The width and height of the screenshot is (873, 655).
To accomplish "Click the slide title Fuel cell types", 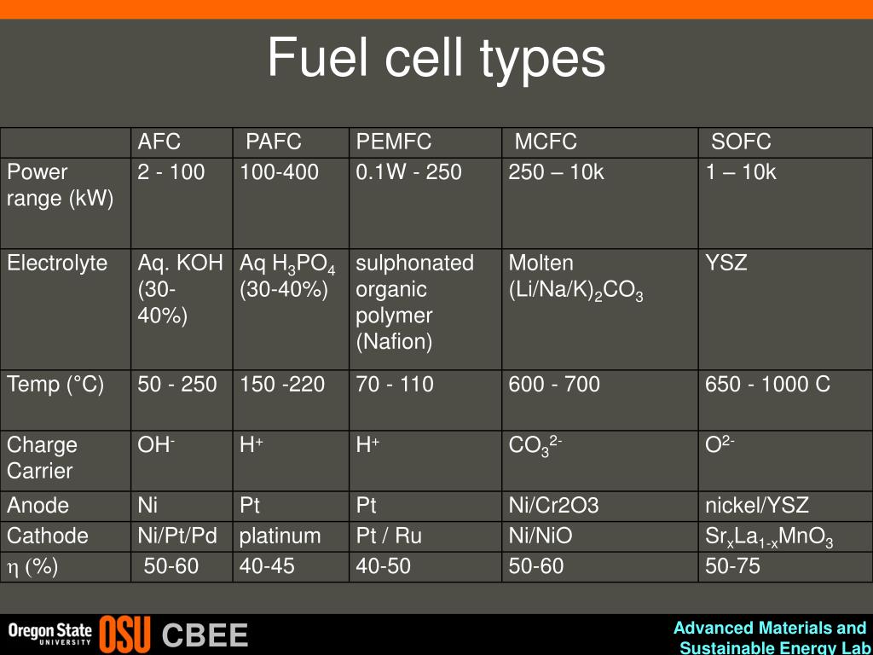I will [x=436, y=58].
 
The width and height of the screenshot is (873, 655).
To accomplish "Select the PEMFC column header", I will [x=394, y=142].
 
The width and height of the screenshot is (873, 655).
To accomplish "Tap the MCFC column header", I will [x=546, y=142].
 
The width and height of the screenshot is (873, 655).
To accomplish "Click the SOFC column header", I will [x=741, y=142].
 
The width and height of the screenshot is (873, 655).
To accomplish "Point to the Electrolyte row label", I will [x=57, y=263].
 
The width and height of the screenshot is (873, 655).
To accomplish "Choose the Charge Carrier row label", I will [x=42, y=458].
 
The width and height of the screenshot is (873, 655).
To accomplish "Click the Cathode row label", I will [x=48, y=536].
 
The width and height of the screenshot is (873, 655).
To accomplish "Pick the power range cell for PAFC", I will [x=280, y=172].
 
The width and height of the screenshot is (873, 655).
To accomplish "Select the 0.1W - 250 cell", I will [x=409, y=172].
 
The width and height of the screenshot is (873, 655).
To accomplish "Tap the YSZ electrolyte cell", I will [x=726, y=263].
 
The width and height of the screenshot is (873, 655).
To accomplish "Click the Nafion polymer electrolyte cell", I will [x=415, y=303].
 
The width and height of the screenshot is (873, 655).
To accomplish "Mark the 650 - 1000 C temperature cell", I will [x=767, y=385].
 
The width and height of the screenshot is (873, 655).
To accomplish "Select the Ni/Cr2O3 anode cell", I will [x=554, y=505].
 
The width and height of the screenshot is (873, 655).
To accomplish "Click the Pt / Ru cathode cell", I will [x=389, y=536].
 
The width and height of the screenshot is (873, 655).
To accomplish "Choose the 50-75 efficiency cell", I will [x=732, y=565].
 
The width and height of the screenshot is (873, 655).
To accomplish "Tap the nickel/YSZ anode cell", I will [x=757, y=505].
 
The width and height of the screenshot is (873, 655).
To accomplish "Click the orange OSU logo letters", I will [x=124, y=635].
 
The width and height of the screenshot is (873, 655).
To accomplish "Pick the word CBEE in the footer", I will [x=205, y=635].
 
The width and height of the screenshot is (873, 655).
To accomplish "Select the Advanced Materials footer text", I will [x=770, y=629].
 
